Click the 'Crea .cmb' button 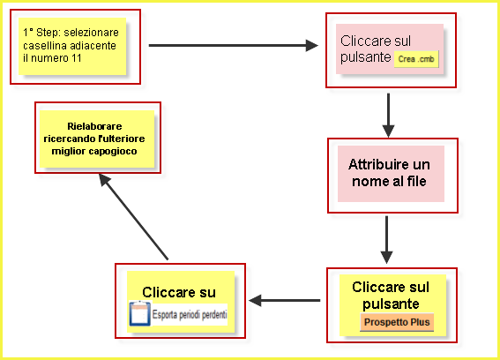416,59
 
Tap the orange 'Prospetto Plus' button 397,322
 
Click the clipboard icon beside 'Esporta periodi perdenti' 139,313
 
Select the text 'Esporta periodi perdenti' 190,315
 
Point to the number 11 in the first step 77,58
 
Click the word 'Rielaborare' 94,126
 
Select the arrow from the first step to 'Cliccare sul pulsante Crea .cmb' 234,45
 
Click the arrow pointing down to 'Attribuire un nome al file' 388,116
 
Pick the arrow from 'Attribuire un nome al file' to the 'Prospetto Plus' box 386,240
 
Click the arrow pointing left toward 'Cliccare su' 285,300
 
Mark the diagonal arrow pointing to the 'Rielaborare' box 133,217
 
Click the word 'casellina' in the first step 45,46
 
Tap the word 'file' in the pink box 416,181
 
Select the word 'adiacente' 93,46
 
